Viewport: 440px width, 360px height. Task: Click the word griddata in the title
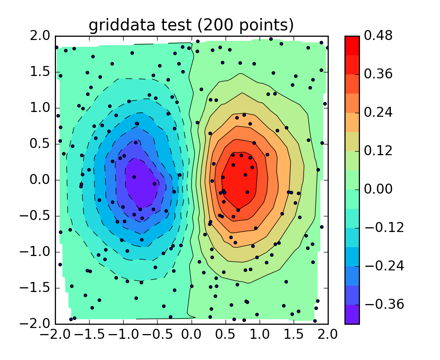click(x=122, y=26)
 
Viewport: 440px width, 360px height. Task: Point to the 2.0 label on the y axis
click(x=40, y=36)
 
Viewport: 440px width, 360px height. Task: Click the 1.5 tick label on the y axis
click(x=40, y=72)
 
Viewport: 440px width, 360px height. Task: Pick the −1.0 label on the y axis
click(x=35, y=252)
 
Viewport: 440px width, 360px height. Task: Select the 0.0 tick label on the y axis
click(x=40, y=180)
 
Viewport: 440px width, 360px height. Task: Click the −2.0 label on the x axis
click(x=55, y=334)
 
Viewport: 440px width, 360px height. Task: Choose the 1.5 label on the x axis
click(x=294, y=334)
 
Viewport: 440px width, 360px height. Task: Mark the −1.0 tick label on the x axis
click(x=124, y=334)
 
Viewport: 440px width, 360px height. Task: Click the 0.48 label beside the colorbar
click(x=378, y=36)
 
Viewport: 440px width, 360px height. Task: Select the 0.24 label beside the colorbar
click(x=378, y=112)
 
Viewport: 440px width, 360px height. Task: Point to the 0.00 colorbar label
click(x=378, y=189)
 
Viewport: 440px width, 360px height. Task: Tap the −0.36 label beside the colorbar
click(x=384, y=304)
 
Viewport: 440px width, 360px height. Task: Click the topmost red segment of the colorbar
click(x=352, y=46)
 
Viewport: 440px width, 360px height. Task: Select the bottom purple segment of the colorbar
click(x=352, y=314)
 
